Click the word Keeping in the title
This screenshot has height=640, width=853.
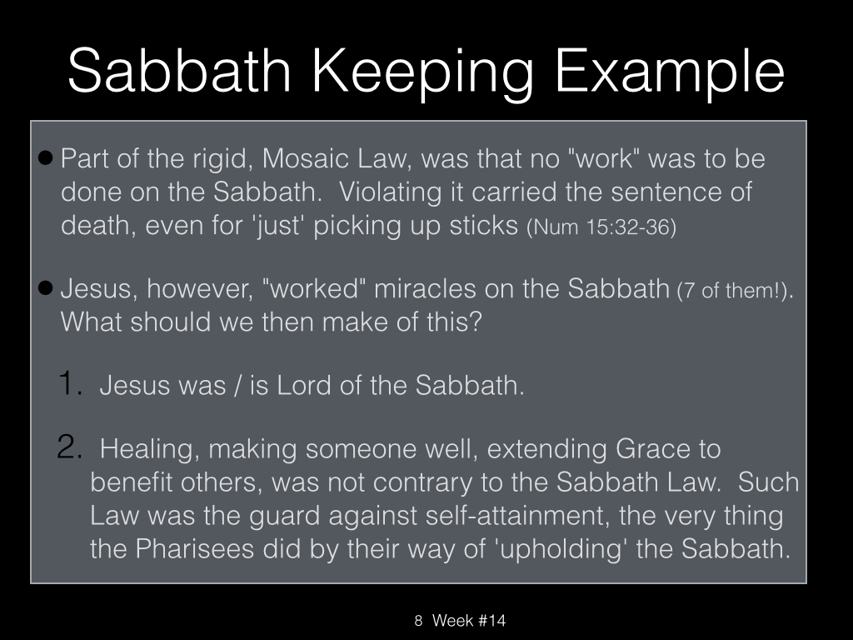[x=422, y=73]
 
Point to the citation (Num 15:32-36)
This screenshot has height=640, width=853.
[x=601, y=227]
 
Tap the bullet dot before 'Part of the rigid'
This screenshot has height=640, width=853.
[x=47, y=158]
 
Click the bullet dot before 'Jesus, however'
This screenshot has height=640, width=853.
[x=47, y=287]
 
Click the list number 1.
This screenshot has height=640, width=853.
[x=70, y=382]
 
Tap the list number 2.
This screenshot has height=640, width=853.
[x=70, y=447]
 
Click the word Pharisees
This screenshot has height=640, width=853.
[x=195, y=548]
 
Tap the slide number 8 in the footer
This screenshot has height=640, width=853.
[x=418, y=620]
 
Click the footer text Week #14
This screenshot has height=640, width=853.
[x=469, y=620]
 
